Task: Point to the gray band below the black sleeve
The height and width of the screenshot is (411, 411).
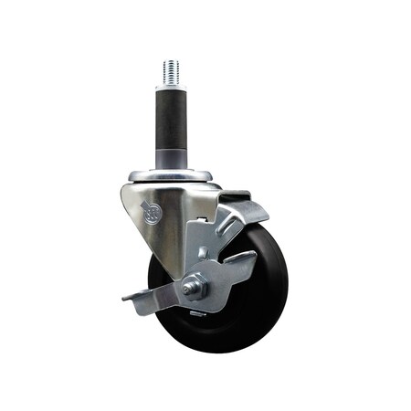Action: point(172,161)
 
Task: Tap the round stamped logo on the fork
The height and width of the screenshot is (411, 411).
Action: point(151,216)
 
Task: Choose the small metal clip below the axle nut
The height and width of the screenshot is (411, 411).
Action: point(195,308)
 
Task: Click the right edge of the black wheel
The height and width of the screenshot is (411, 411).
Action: point(287,292)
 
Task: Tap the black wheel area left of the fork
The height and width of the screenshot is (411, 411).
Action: point(157,274)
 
